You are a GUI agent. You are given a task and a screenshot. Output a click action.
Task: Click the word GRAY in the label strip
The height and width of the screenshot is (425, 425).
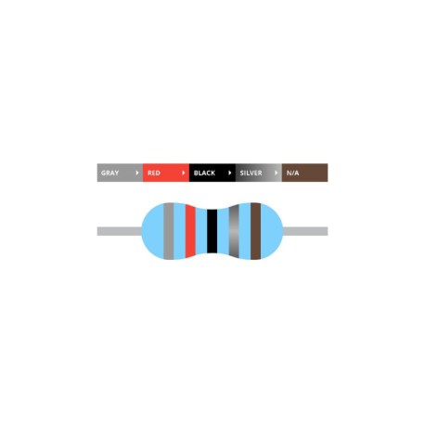click(x=109, y=173)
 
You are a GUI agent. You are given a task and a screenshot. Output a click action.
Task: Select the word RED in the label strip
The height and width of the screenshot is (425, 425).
click(x=154, y=173)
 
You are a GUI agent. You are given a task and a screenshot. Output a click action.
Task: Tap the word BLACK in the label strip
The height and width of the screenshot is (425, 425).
click(x=204, y=173)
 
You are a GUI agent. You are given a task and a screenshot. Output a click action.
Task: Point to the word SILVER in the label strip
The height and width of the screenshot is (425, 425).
click(x=251, y=173)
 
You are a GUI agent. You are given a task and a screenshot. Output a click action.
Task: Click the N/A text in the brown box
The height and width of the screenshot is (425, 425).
click(x=292, y=173)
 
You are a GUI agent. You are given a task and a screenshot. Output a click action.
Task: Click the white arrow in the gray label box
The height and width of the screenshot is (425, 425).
click(x=137, y=173)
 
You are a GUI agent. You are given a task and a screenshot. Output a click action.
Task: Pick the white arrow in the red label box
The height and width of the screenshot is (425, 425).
click(x=184, y=173)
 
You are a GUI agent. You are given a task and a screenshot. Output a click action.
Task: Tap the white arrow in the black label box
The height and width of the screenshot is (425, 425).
click(x=229, y=173)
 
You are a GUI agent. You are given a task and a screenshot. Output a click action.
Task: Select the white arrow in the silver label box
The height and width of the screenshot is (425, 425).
click(x=276, y=173)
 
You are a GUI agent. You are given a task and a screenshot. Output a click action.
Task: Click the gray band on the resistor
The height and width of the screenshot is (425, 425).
click(x=169, y=231)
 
